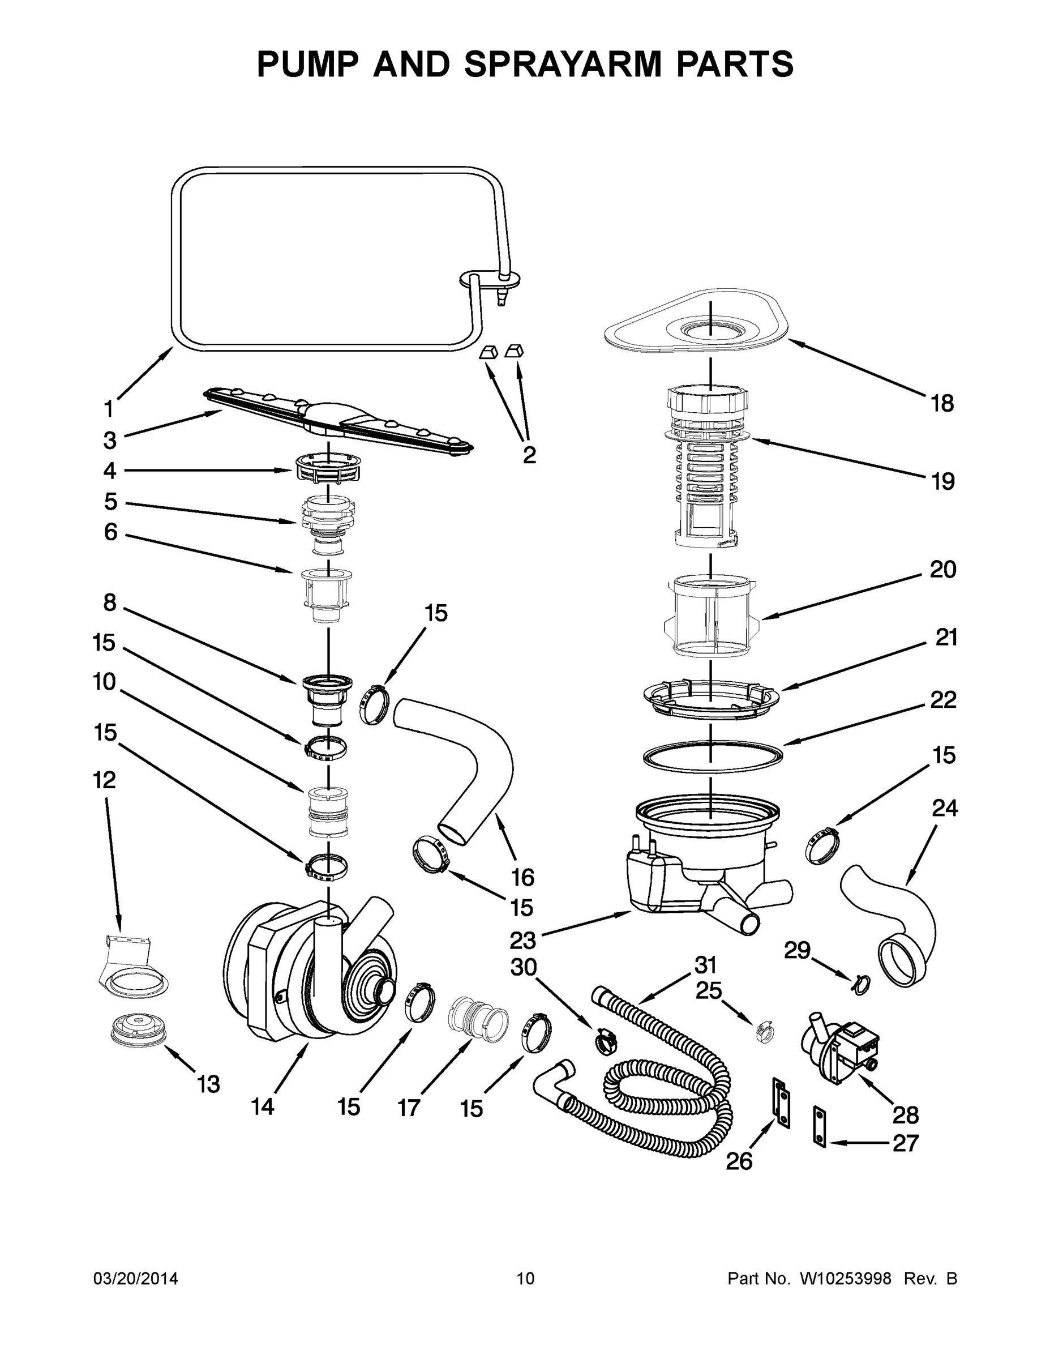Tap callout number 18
[x=942, y=403]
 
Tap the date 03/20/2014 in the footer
[x=136, y=1279]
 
